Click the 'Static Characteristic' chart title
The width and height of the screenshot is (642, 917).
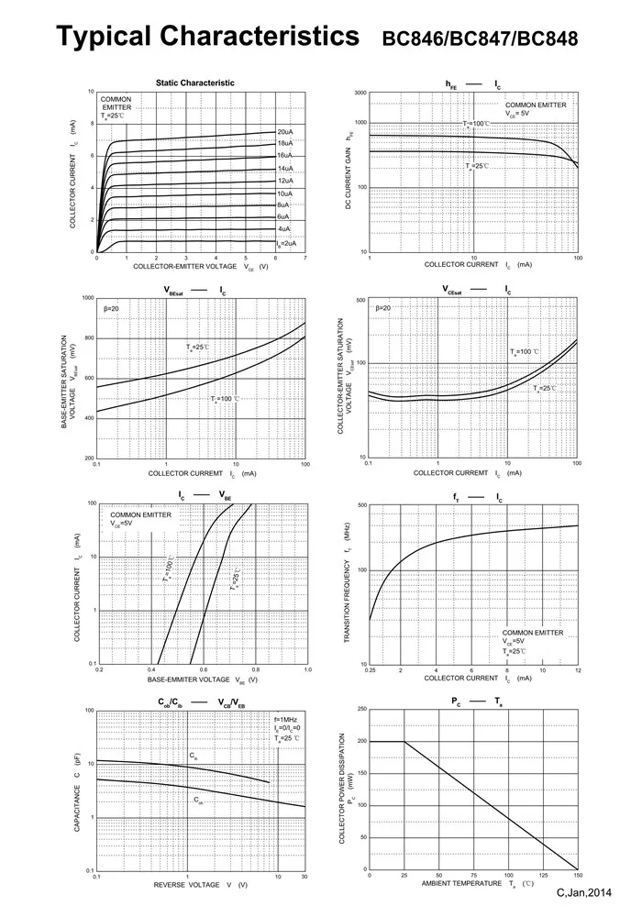click(194, 83)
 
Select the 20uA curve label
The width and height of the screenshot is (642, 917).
click(285, 132)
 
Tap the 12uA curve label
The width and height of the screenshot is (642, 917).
click(285, 181)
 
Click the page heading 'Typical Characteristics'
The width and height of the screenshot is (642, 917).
click(207, 37)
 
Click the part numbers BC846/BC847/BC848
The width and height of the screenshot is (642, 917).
click(480, 39)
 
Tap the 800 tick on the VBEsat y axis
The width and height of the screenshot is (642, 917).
click(88, 338)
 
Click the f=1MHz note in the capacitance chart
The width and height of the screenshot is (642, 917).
click(286, 718)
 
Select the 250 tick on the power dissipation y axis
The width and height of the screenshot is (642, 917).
click(361, 709)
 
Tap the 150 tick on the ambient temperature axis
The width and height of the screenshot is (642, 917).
click(578, 876)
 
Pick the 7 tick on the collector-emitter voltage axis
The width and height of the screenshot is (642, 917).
click(304, 259)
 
